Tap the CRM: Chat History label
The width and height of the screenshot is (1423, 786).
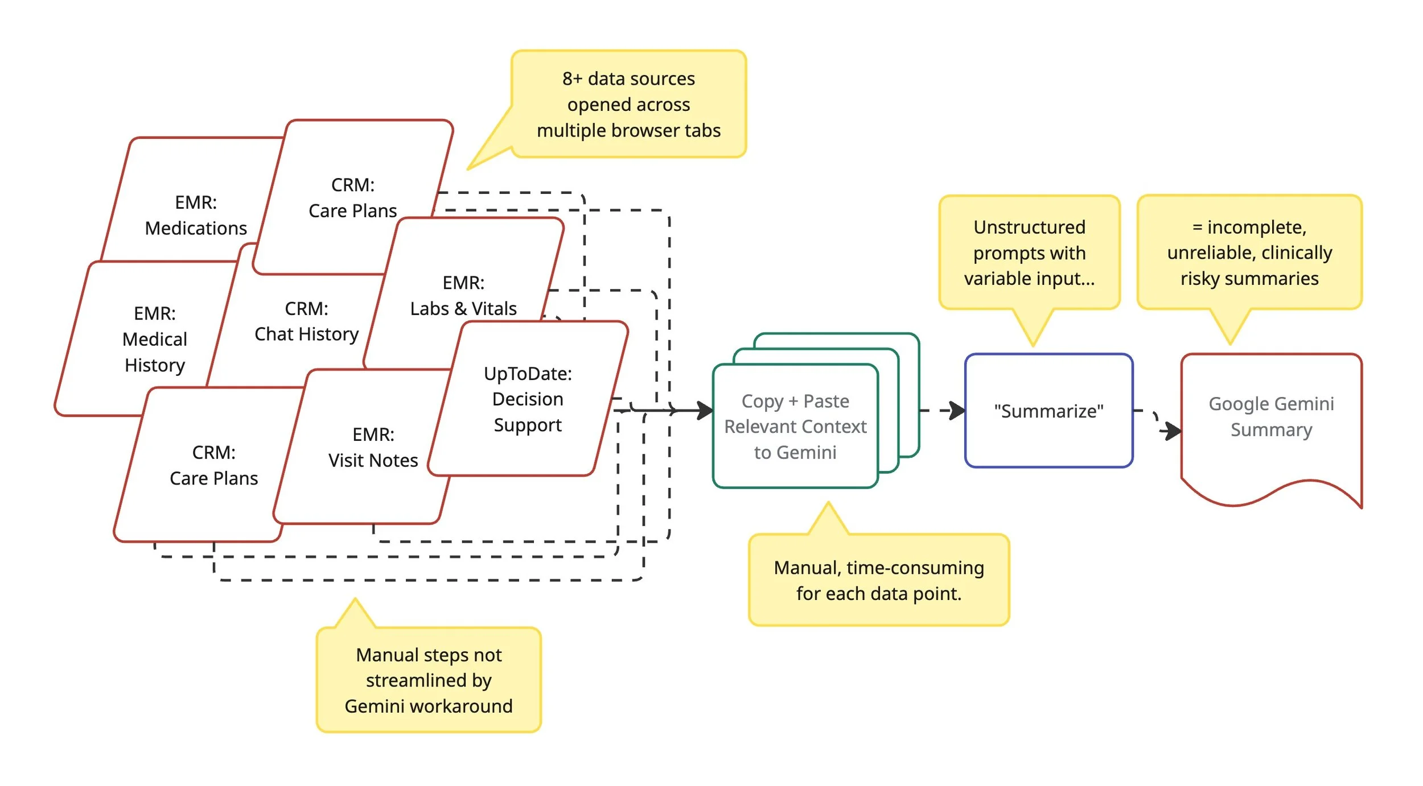click(306, 321)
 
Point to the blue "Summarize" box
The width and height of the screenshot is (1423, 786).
click(1048, 411)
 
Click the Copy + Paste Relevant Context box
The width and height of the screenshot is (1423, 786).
click(795, 427)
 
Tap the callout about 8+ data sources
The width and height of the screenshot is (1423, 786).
click(628, 105)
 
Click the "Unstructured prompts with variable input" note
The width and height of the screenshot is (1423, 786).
click(1029, 253)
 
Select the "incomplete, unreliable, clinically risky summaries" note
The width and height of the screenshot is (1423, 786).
click(1249, 253)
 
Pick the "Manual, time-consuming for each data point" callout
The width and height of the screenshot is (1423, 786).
click(878, 580)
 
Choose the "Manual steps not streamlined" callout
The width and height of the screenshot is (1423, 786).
click(429, 680)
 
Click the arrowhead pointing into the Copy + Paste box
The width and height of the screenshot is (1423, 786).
click(706, 410)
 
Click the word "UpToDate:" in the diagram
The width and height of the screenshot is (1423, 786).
click(528, 374)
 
